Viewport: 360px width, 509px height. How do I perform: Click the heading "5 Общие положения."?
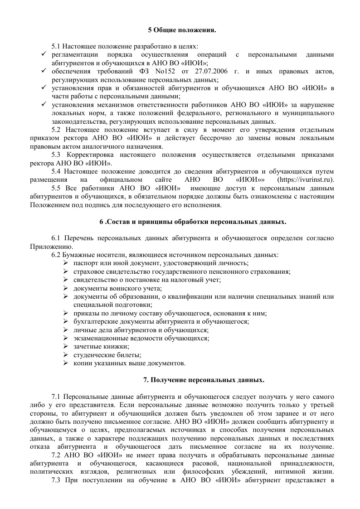pyautogui.click(x=182, y=30)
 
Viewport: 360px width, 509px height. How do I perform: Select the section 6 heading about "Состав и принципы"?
pyautogui.click(x=193, y=222)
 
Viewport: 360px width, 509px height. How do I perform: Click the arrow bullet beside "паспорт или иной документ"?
pyautogui.click(x=65, y=263)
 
